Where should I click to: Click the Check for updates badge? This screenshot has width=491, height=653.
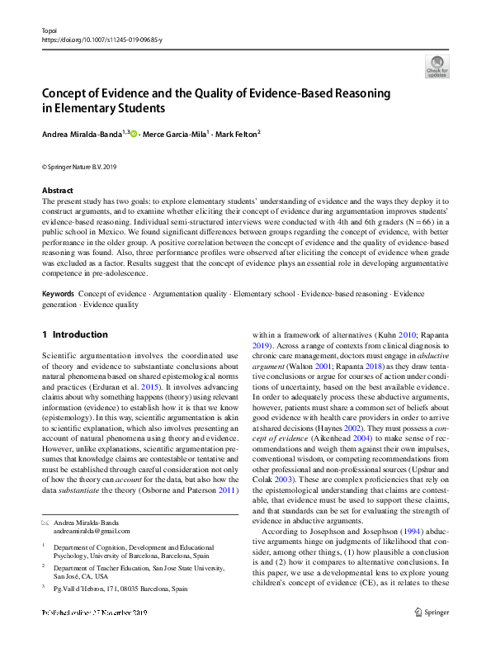coord(437,65)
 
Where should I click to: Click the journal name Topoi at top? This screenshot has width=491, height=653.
coord(50,29)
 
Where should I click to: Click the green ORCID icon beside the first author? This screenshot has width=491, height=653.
coord(133,132)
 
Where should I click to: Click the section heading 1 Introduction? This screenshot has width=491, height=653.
coord(74,334)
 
